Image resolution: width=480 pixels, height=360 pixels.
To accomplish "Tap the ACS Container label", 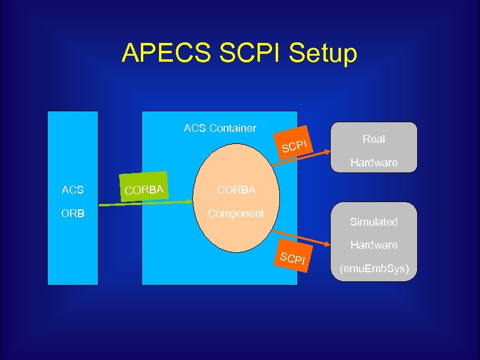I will coord(219,128).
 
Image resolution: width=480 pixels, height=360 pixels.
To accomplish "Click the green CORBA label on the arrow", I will coord(144,191).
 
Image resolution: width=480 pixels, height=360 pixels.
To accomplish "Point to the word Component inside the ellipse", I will coord(236,214).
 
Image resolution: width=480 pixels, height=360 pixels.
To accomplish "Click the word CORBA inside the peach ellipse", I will coord(236,190).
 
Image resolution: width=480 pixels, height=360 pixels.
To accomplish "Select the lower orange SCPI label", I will coord(294,259).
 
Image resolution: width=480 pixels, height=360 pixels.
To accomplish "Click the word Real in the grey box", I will coord(374,139).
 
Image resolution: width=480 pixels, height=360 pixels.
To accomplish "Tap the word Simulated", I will coord(374,222).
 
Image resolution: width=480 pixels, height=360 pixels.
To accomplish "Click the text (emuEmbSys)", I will coord(374,268).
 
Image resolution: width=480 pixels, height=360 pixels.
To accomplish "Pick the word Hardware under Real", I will coord(374,163).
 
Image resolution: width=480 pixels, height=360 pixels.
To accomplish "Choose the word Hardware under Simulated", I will coord(374,245).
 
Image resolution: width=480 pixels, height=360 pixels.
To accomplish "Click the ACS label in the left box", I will coord(73,191).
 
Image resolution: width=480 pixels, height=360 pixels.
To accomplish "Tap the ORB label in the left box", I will coord(73,214).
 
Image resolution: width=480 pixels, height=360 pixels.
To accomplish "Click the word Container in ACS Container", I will coord(232,128).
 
